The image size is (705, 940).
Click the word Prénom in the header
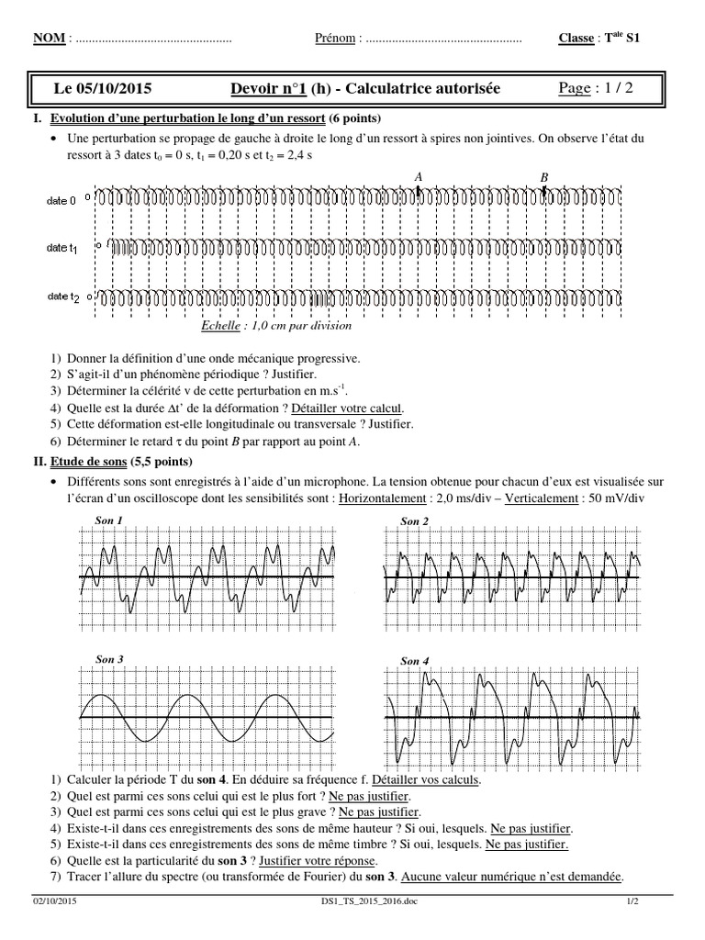coord(335,39)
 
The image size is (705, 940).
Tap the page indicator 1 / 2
coord(614,88)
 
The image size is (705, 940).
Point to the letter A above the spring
coord(419,176)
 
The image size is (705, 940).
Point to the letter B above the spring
coord(543,177)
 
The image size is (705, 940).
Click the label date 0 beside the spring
coord(62,199)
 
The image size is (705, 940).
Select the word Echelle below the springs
coord(219,325)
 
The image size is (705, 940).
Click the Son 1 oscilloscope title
coord(109,520)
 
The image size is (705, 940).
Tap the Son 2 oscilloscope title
coord(415,521)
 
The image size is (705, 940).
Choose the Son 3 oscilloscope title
coord(109,659)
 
